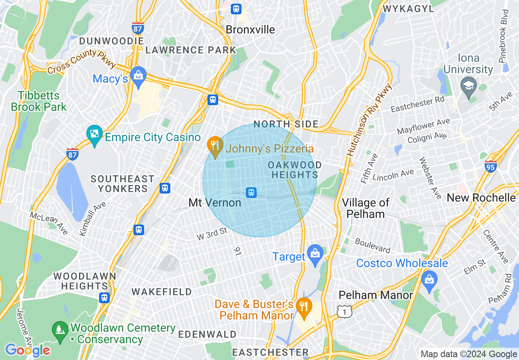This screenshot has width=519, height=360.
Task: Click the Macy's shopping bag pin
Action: tap(139, 76)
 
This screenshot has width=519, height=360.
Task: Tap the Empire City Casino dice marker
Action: tap(95, 135)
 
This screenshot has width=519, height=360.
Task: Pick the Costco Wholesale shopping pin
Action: tap(429, 281)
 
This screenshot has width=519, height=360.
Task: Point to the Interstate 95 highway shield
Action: tap(490, 166)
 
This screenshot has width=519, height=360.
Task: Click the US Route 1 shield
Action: tap(345, 312)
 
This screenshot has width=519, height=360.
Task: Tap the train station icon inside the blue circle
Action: tap(251, 192)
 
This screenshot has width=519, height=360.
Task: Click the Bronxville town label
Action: tap(250, 30)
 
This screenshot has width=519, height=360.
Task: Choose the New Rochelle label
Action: tap(481, 198)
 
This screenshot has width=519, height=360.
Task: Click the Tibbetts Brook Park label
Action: tap(38, 101)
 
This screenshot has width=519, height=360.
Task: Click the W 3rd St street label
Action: tap(212, 234)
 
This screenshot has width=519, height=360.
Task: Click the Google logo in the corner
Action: tap(27, 350)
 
